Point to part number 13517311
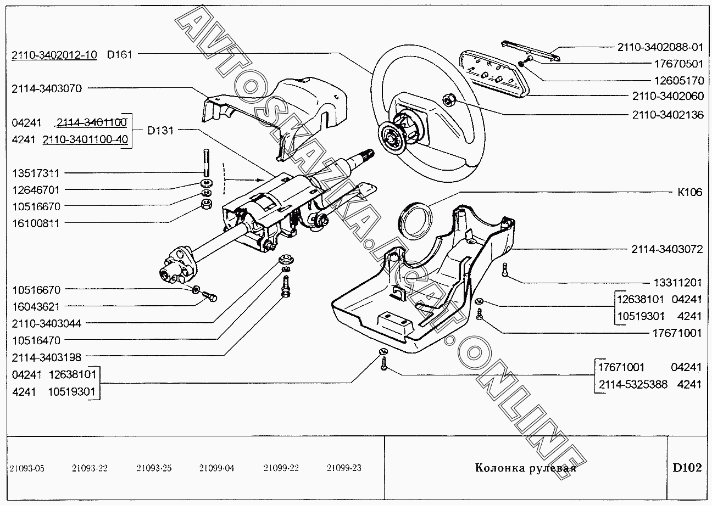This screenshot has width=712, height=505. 36,173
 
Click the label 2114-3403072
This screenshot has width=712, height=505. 666,249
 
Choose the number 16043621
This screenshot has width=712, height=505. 36,306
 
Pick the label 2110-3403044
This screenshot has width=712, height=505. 46,323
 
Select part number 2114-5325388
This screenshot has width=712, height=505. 632,384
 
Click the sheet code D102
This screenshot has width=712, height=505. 687,468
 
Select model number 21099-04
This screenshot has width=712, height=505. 216,468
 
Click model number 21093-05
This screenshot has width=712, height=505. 27,468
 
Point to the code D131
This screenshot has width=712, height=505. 160,131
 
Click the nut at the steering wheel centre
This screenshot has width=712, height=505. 448,100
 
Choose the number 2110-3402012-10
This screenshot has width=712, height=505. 54,54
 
